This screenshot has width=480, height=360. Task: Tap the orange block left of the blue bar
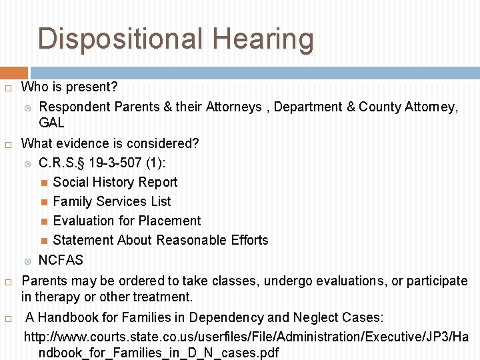(x=13, y=73)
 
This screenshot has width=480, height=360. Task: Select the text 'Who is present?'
(x=69, y=87)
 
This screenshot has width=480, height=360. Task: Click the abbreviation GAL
(x=51, y=123)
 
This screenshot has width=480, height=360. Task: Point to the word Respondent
(x=75, y=107)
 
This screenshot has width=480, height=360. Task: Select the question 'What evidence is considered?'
(x=110, y=143)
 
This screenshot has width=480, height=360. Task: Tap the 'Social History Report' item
(x=115, y=182)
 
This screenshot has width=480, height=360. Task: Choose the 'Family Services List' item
(x=111, y=201)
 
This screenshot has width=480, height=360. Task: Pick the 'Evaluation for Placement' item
(x=127, y=221)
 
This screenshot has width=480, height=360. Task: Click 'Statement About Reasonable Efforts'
(x=160, y=240)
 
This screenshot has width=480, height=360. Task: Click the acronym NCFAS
(x=61, y=259)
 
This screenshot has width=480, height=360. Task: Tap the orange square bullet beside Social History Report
(x=44, y=183)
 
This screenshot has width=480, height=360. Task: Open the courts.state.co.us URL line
(x=246, y=336)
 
